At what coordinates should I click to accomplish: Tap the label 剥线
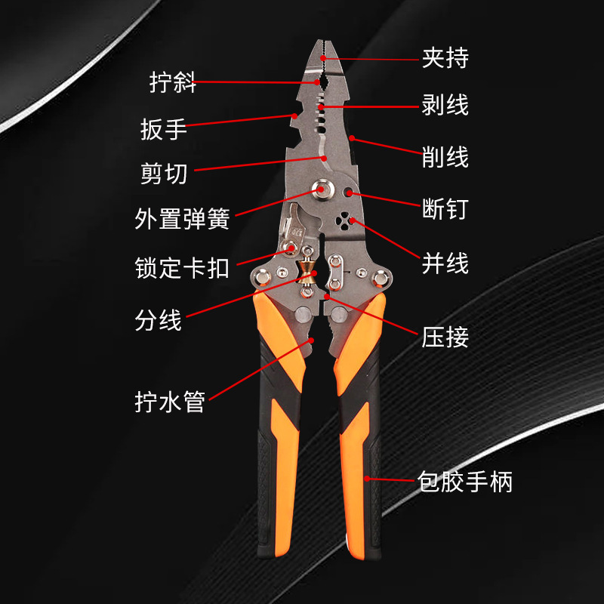[445, 105]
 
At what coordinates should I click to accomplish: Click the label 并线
[445, 263]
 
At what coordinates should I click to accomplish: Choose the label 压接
[445, 336]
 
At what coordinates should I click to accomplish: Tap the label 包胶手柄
[465, 481]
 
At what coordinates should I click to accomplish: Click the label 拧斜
[173, 82]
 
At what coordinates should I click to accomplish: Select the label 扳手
[163, 129]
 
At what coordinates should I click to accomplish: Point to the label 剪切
[163, 174]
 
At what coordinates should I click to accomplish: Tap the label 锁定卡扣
[182, 268]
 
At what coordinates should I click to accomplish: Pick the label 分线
[159, 320]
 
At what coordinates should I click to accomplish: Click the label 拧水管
[170, 402]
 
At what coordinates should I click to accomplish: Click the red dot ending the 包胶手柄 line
[368, 478]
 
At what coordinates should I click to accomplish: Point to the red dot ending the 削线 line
[352, 139]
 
